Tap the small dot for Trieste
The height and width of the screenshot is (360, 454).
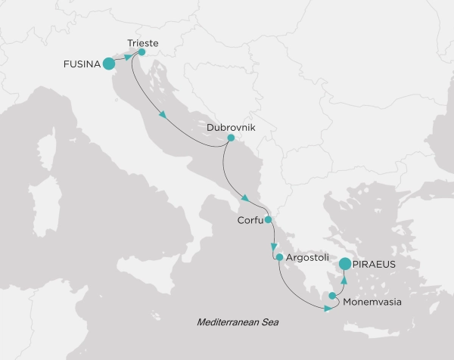click(141, 52)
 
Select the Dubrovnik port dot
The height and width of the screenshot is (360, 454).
click(231, 138)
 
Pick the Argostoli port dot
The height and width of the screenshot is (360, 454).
click(279, 258)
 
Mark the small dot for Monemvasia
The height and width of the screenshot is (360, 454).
click(332, 296)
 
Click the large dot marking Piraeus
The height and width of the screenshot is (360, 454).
click(345, 264)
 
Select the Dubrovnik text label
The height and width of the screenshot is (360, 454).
click(231, 128)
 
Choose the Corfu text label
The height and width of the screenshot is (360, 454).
click(249, 222)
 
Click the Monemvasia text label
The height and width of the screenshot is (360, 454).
click(372, 302)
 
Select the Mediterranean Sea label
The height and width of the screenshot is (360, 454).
click(238, 322)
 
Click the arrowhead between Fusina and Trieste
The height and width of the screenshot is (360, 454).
click(127, 57)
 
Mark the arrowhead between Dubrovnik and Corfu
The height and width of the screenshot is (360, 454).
click(244, 198)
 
